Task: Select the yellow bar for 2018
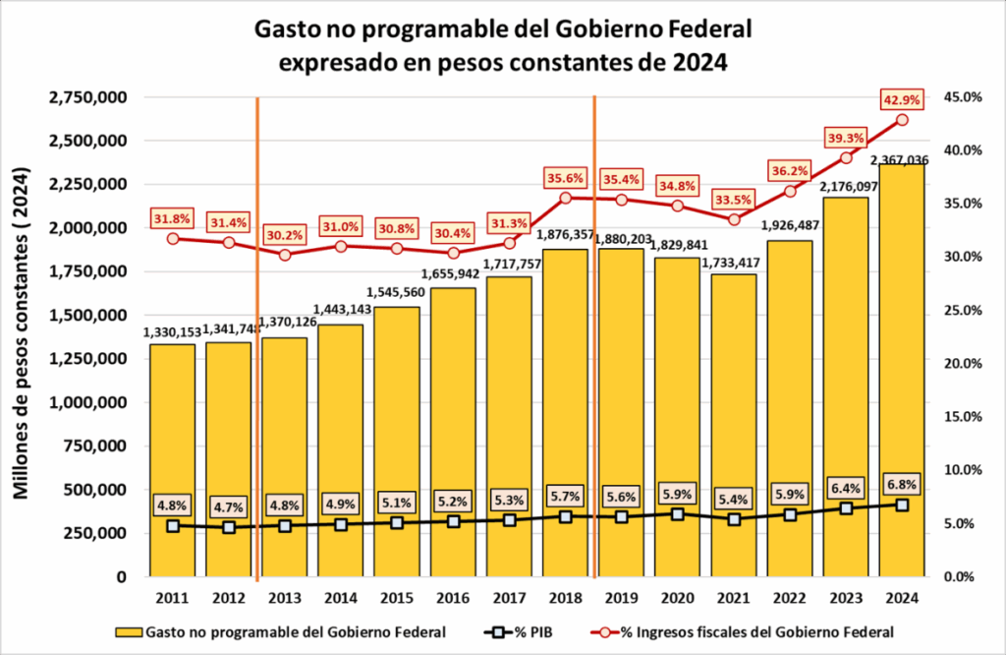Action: [565, 413]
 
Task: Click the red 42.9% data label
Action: [902, 99]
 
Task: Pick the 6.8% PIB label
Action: [902, 484]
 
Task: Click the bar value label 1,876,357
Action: [565, 235]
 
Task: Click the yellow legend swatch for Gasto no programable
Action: [128, 630]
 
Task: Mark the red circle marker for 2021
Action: [734, 219]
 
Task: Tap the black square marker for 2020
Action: [678, 513]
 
